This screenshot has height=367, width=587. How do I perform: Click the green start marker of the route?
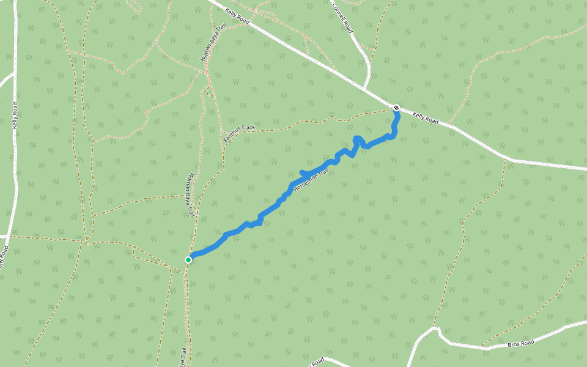point(188,260)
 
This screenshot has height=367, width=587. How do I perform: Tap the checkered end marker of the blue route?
point(396,108)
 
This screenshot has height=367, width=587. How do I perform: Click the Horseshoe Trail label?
point(311,180)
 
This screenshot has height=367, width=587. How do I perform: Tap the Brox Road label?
point(520,343)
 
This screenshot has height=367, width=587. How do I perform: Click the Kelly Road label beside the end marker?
point(425,118)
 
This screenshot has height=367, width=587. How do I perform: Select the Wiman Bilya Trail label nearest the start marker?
point(188,195)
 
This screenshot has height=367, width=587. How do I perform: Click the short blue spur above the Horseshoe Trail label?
point(304,173)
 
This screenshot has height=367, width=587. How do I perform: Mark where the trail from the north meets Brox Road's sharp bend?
point(436,329)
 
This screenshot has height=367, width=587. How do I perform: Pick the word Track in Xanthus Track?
point(248,128)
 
